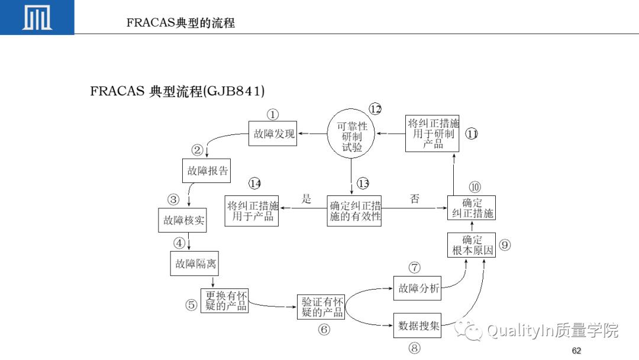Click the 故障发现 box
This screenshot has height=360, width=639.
(x=273, y=134)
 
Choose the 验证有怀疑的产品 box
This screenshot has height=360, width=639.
(x=320, y=307)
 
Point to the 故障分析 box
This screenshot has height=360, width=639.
(x=418, y=288)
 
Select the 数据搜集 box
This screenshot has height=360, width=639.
(x=418, y=325)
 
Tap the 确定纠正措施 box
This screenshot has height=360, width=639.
(x=472, y=208)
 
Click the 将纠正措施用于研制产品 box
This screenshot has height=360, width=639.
(x=433, y=133)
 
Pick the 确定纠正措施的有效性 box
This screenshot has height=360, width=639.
(x=354, y=211)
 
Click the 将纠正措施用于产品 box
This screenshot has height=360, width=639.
(x=253, y=211)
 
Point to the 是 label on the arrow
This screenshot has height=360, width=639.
(x=306, y=199)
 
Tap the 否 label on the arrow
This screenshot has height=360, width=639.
(x=415, y=199)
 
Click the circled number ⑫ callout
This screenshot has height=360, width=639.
(x=375, y=109)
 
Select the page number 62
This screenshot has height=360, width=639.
(x=576, y=351)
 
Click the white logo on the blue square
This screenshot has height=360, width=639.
(x=37, y=17)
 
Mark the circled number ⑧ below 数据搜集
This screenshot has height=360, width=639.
(x=414, y=349)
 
